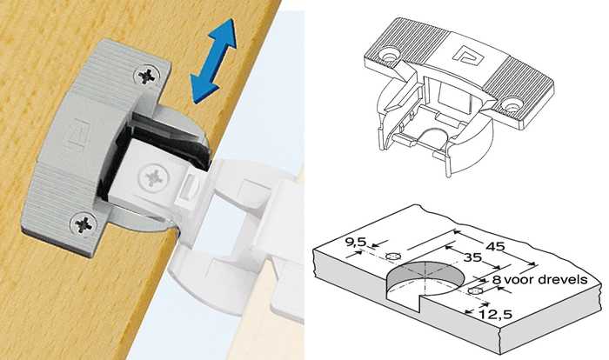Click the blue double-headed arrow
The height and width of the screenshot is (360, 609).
point(214,61)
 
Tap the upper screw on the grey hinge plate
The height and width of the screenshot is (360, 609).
point(147,76)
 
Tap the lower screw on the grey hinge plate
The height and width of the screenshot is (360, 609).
point(84,224)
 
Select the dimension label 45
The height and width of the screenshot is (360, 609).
point(496,246)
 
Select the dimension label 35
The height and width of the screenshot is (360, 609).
point(472,257)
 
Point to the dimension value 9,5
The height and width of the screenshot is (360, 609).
point(356,243)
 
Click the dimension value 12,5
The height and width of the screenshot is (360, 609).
point(495,314)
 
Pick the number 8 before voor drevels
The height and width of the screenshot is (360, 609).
point(497,280)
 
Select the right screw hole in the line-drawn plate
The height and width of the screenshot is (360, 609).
point(512,105)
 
